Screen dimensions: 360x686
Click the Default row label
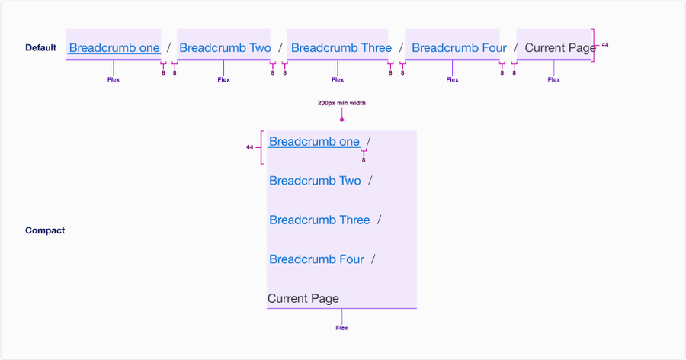pos(40,48)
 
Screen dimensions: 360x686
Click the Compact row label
pos(45,230)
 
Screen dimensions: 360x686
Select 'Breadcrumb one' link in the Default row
pos(114,48)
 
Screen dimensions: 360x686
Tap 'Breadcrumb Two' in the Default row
pos(225,48)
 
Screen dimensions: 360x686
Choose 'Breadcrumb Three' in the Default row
pos(341,48)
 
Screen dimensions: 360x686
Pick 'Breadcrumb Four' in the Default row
pos(459,48)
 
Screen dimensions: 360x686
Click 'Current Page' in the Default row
pos(559,48)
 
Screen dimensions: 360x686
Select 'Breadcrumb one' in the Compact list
pos(314,142)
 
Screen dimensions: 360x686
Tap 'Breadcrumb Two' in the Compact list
pos(315,182)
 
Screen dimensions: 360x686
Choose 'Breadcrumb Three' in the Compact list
pos(319,220)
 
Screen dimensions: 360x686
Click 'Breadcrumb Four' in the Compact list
pos(316,260)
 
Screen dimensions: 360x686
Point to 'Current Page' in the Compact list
pos(303,299)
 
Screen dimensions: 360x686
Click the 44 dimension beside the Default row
pos(605,45)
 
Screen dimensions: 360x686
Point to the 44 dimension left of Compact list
pos(249,147)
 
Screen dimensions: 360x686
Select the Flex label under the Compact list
pos(341,328)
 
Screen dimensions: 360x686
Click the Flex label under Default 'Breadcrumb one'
pos(114,79)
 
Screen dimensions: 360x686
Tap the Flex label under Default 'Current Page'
pos(554,79)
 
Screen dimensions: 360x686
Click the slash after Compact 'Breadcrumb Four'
pos(373,260)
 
